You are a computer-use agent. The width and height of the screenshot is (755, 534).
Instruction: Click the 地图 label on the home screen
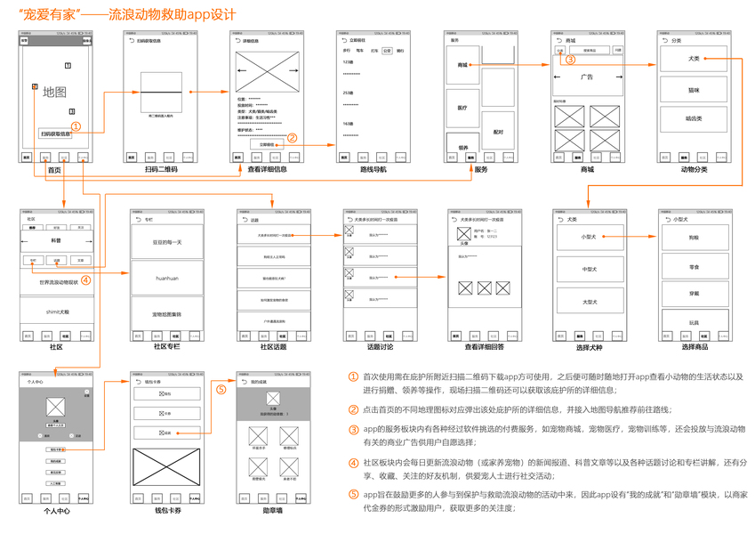(x=54, y=92)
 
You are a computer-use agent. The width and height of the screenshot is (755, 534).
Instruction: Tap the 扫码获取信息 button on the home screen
(x=55, y=133)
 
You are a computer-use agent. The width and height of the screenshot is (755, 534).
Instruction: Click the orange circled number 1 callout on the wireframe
(x=76, y=127)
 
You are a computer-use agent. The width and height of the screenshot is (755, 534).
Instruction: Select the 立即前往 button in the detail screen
(x=267, y=142)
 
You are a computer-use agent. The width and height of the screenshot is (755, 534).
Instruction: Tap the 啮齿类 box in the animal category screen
(x=693, y=117)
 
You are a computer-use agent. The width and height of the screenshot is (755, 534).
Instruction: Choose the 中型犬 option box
(x=588, y=269)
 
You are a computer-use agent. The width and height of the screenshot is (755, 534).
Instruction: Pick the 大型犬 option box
(x=588, y=302)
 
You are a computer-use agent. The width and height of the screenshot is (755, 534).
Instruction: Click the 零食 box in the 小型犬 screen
(x=693, y=266)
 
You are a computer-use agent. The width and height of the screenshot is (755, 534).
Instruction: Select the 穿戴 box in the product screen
(x=693, y=293)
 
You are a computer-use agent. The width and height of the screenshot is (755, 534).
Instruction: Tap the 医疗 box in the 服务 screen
(x=462, y=108)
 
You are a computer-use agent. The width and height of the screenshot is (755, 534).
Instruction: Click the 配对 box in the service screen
(x=498, y=131)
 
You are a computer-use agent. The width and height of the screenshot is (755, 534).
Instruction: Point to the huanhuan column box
(x=167, y=278)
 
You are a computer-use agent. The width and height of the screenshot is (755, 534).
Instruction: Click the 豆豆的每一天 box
(x=167, y=242)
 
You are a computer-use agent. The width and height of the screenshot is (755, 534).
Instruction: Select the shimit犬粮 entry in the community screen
(x=55, y=311)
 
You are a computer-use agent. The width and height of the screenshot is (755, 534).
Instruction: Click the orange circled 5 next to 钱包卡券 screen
(x=221, y=389)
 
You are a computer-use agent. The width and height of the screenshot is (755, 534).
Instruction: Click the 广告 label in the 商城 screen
(x=587, y=77)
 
